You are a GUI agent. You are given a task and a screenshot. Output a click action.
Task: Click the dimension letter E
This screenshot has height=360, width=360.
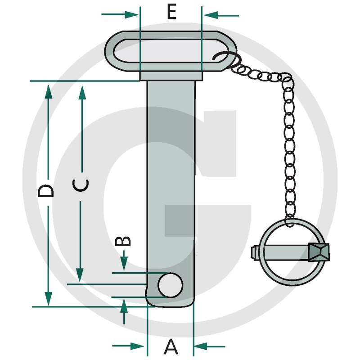(x=171, y=12)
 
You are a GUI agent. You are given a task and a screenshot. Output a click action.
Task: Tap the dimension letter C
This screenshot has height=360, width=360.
(x=81, y=185)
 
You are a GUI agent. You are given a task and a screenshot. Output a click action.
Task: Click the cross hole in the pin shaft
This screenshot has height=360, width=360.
(x=171, y=284)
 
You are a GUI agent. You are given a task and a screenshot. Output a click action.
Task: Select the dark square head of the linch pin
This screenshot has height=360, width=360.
(x=319, y=253)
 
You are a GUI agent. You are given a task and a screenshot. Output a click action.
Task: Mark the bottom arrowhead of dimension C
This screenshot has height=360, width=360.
(x=80, y=274)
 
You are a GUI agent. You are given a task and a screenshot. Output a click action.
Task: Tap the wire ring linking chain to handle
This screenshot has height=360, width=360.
(x=225, y=58)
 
